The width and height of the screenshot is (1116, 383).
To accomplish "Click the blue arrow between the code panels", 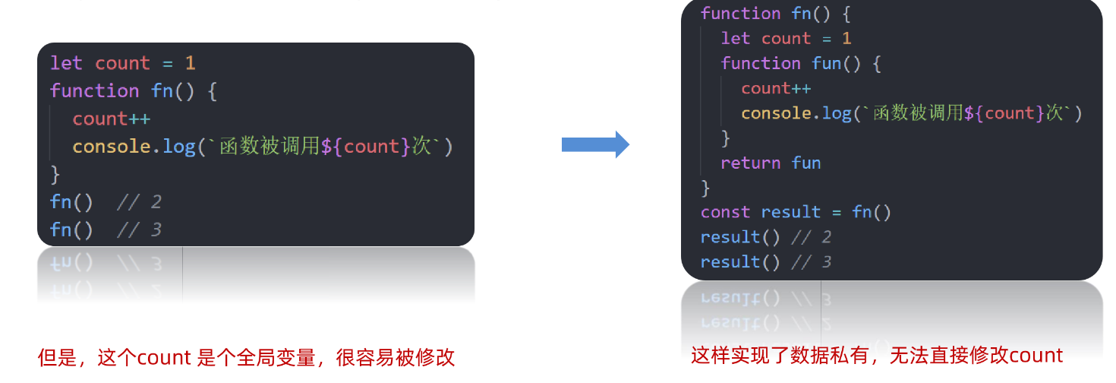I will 595,144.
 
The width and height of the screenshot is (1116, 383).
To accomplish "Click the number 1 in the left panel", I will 191,63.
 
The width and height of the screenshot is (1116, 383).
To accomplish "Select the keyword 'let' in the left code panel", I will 66,63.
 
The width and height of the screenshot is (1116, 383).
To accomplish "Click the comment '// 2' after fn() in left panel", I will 140,202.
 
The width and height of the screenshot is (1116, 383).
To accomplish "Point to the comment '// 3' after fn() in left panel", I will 140,229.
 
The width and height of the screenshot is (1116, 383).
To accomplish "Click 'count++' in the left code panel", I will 112,119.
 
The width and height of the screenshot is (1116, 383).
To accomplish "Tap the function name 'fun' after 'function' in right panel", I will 827,63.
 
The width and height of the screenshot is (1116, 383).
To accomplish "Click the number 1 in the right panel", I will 846,38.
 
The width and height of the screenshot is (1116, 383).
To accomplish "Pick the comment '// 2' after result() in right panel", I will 812,237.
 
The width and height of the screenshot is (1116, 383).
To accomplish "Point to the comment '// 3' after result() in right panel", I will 812,262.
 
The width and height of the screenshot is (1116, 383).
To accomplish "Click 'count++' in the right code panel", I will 776,88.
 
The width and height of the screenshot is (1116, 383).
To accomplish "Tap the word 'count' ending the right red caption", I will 1036,355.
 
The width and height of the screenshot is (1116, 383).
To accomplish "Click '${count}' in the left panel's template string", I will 366,146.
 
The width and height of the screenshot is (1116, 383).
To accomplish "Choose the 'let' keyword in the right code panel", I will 735,38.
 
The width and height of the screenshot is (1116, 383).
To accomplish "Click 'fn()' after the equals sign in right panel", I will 872,212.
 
